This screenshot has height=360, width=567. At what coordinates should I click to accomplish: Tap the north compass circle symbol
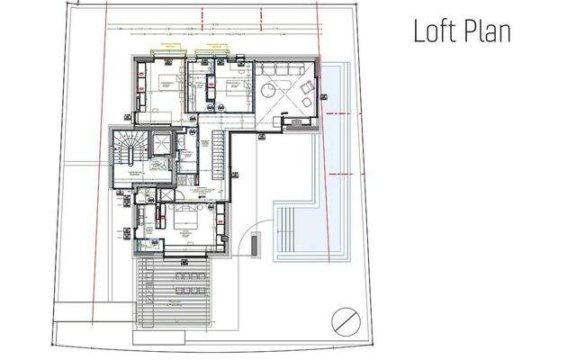pos(344,319)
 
